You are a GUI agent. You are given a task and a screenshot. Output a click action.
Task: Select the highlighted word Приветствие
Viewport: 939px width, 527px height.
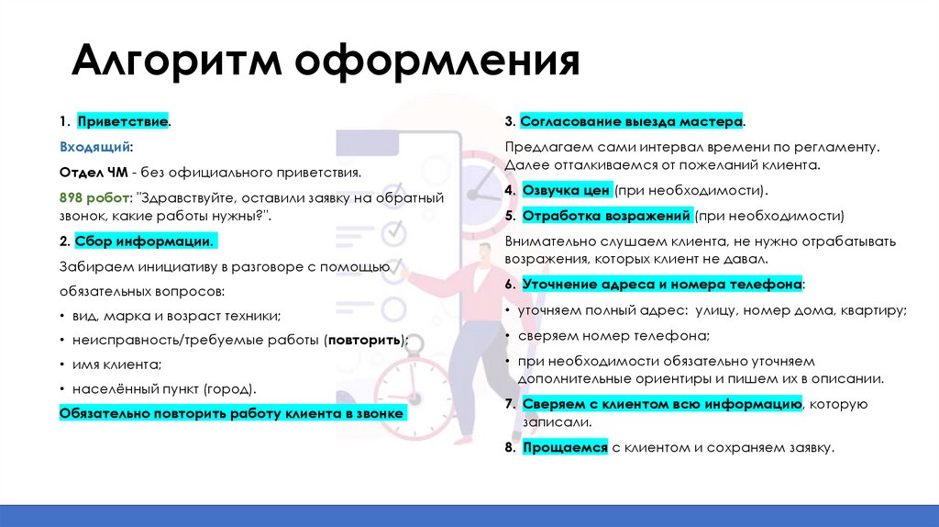point(122,122)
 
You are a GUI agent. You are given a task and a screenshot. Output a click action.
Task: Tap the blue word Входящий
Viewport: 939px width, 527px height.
point(95,147)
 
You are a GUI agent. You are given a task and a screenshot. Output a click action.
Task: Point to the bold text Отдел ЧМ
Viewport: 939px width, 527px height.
point(93,172)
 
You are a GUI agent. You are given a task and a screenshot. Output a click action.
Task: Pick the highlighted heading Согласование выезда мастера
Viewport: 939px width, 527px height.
point(632,122)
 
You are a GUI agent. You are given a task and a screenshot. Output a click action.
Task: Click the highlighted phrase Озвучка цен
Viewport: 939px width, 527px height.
point(566,191)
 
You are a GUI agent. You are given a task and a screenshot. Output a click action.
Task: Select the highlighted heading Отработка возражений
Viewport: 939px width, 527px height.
point(605,216)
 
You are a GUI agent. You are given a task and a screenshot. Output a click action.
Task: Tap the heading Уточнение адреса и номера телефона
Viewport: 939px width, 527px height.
point(662,286)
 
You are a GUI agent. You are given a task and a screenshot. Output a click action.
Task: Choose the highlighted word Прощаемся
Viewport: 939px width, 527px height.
point(565,447)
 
